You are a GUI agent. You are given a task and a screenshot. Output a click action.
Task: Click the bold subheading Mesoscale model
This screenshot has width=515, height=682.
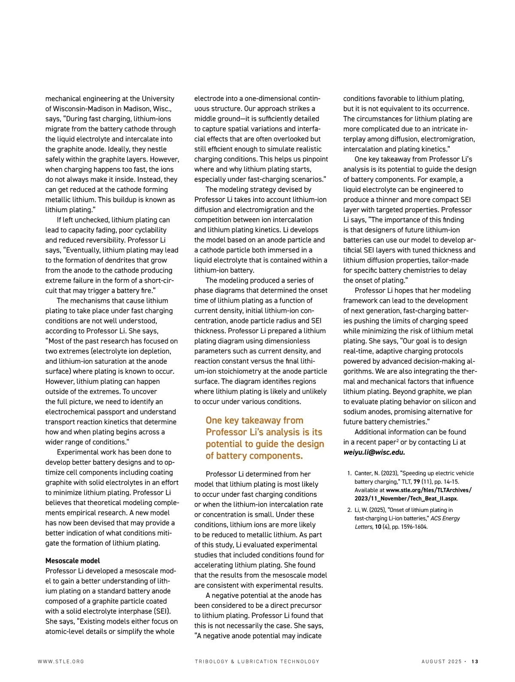pyautogui.click(x=73, y=560)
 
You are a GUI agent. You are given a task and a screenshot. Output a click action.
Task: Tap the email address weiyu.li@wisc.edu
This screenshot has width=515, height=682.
pyautogui.click(x=374, y=452)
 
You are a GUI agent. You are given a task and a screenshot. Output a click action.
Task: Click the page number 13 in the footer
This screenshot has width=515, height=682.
pyautogui.click(x=475, y=661)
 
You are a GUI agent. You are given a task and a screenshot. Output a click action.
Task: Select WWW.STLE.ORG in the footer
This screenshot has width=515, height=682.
pyautogui.click(x=61, y=661)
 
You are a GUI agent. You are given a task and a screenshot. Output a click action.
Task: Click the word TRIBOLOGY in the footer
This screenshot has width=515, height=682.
pyautogui.click(x=211, y=661)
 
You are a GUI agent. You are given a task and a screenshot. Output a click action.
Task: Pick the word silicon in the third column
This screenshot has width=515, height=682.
pyautogui.click(x=453, y=402)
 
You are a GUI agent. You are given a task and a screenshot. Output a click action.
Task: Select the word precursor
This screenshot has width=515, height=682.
pyautogui.click(x=305, y=606)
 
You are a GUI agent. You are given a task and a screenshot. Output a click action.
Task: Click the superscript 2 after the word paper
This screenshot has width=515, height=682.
pyautogui.click(x=397, y=440)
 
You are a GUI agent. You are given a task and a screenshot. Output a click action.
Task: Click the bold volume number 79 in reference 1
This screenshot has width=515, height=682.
pyautogui.click(x=416, y=482)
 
